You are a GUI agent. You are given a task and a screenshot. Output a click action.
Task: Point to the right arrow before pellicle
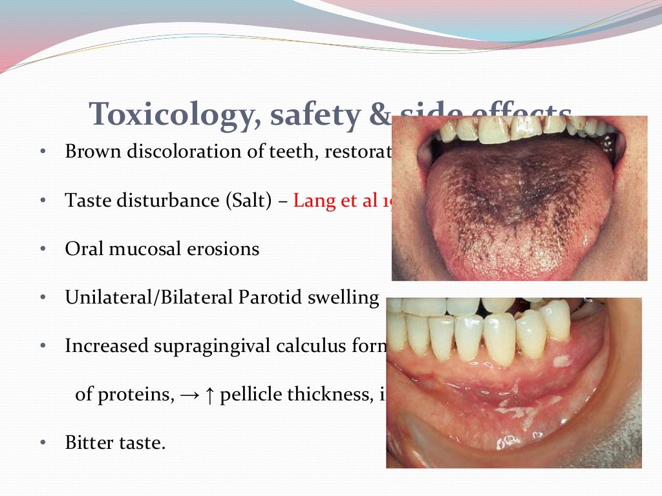coord(193,395)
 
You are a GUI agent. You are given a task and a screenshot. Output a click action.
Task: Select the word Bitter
coord(87,443)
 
